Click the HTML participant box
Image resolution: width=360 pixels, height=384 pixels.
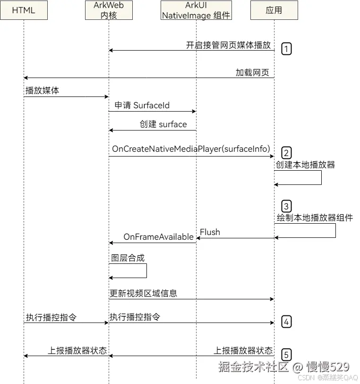[x=24, y=10]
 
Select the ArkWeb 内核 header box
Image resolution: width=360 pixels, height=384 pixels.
[x=109, y=10]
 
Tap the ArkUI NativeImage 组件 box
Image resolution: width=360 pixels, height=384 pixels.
[x=196, y=10]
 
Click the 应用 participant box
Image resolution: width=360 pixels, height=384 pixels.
[x=274, y=10]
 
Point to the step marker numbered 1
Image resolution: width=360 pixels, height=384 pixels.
[x=286, y=48]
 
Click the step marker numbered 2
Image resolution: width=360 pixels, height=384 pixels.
[x=286, y=153]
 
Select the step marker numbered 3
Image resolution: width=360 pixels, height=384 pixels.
[x=286, y=206]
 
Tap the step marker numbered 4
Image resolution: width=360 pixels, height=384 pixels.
[x=286, y=322]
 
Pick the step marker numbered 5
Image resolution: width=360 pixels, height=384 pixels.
[x=286, y=354]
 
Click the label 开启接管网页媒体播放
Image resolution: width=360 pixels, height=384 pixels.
[x=229, y=45]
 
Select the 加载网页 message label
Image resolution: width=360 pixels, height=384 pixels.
[x=252, y=72]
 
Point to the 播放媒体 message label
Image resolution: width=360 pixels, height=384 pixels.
[x=43, y=90]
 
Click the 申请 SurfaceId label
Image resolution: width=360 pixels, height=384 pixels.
[x=142, y=105]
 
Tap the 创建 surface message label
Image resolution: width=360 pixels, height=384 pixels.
[x=163, y=124]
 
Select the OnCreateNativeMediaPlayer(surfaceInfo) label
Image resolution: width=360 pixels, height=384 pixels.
[x=191, y=149]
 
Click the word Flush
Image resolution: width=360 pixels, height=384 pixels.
[x=210, y=232]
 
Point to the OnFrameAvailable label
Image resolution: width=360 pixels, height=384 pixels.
[x=158, y=236]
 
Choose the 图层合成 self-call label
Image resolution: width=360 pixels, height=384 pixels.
[x=128, y=258]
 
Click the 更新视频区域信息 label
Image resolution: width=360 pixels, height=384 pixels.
[x=144, y=293]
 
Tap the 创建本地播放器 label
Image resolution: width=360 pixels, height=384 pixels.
[x=306, y=165]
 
